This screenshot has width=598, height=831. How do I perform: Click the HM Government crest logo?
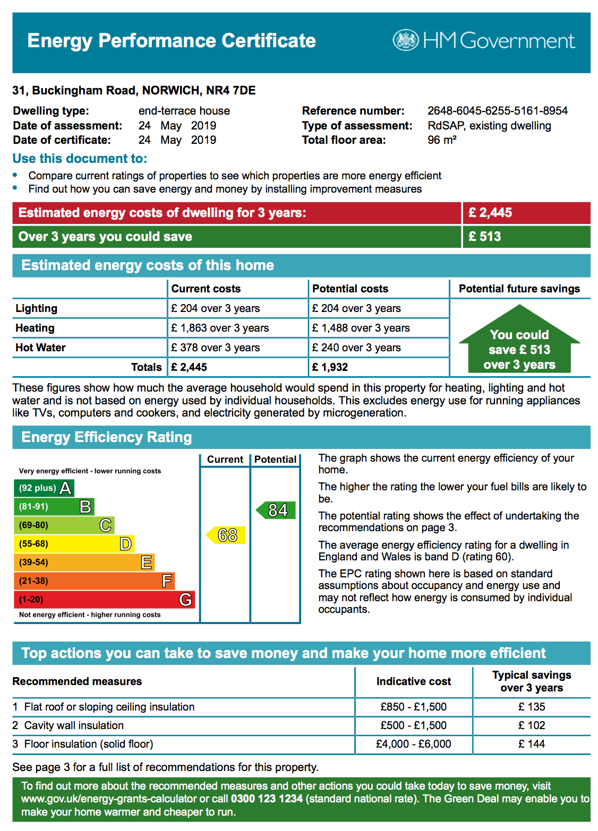coord(406,40)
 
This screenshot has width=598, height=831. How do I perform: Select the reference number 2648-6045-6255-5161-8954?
coord(498,111)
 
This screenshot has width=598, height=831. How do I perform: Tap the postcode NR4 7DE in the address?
coord(230,90)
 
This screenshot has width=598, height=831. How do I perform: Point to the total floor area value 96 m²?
coord(442,140)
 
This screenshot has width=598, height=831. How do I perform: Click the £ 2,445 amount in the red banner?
coord(490,213)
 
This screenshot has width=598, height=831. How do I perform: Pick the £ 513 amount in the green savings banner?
coord(484,237)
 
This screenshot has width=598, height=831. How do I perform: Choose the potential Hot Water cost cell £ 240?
coord(356,348)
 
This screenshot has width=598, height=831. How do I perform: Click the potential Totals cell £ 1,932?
coord(330,367)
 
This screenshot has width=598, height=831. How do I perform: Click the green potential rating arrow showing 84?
coord(276,510)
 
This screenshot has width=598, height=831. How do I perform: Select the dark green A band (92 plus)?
coord(44,488)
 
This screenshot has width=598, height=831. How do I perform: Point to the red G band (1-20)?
coord(104,600)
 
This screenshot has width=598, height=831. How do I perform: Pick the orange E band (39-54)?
coord(84,562)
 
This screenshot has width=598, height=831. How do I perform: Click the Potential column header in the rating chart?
coord(275,460)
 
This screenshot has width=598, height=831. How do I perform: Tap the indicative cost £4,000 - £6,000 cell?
coord(413,744)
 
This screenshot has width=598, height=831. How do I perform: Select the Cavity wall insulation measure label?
coord(74,725)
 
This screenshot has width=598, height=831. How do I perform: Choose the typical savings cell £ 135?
coord(532,707)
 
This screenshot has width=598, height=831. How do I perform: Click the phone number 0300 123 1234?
coord(267,799)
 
